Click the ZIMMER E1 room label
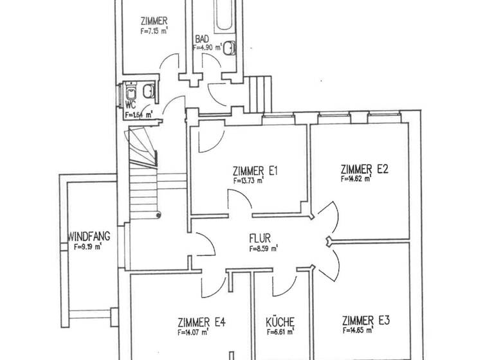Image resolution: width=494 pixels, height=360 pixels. click(254, 172)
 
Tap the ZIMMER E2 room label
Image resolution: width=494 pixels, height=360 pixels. click(365, 170)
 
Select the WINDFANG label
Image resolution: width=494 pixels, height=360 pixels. click(88, 236)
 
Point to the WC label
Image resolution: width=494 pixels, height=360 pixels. click(130, 104)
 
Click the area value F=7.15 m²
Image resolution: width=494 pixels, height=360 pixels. click(155, 30)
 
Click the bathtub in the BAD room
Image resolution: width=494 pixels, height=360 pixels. click(226, 16)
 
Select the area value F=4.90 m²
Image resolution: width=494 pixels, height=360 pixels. click(208, 47)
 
